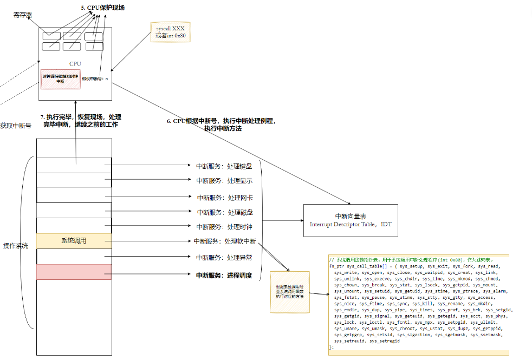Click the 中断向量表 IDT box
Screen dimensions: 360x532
click(x=350, y=220)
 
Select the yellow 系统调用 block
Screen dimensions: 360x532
click(x=74, y=241)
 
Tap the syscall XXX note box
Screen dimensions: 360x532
click(x=171, y=32)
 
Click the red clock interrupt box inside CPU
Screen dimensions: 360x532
click(x=60, y=78)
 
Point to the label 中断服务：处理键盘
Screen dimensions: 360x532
click(x=224, y=166)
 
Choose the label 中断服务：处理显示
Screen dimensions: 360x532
click(x=224, y=181)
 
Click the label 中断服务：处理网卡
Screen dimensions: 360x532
click(x=224, y=198)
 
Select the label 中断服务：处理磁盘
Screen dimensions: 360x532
click(x=224, y=212)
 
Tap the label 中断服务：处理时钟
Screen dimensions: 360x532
click(x=224, y=227)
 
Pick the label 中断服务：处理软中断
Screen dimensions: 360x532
click(x=224, y=241)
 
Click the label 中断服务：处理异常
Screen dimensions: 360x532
click(x=224, y=258)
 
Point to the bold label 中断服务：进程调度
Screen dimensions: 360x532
click(x=224, y=275)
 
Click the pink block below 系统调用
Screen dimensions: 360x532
click(x=74, y=272)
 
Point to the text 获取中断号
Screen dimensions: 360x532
click(x=15, y=126)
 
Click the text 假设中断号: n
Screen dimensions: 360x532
click(x=95, y=79)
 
